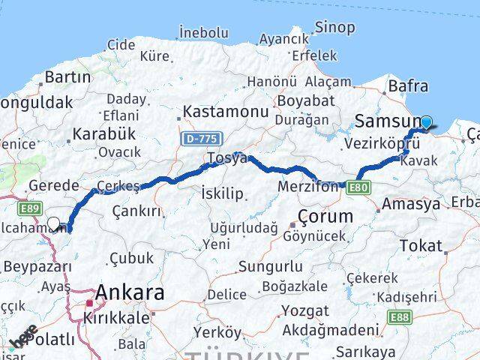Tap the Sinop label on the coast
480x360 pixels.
pyautogui.click(x=313, y=28)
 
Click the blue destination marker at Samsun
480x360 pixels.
pyautogui.click(x=427, y=123)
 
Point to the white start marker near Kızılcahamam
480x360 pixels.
pyautogui.click(x=53, y=223)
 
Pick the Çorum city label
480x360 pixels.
pyautogui.click(x=325, y=216)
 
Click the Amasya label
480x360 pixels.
pyautogui.click(x=411, y=204)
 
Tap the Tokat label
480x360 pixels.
pyautogui.click(x=421, y=245)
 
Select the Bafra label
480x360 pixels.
pyautogui.click(x=409, y=86)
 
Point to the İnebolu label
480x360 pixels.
pyautogui.click(x=203, y=32)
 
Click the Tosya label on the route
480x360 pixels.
pyautogui.click(x=227, y=158)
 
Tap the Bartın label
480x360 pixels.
pyautogui.click(x=68, y=76)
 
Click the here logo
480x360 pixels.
pyautogui.click(x=22, y=336)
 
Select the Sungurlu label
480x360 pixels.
pyautogui.click(x=271, y=266)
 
